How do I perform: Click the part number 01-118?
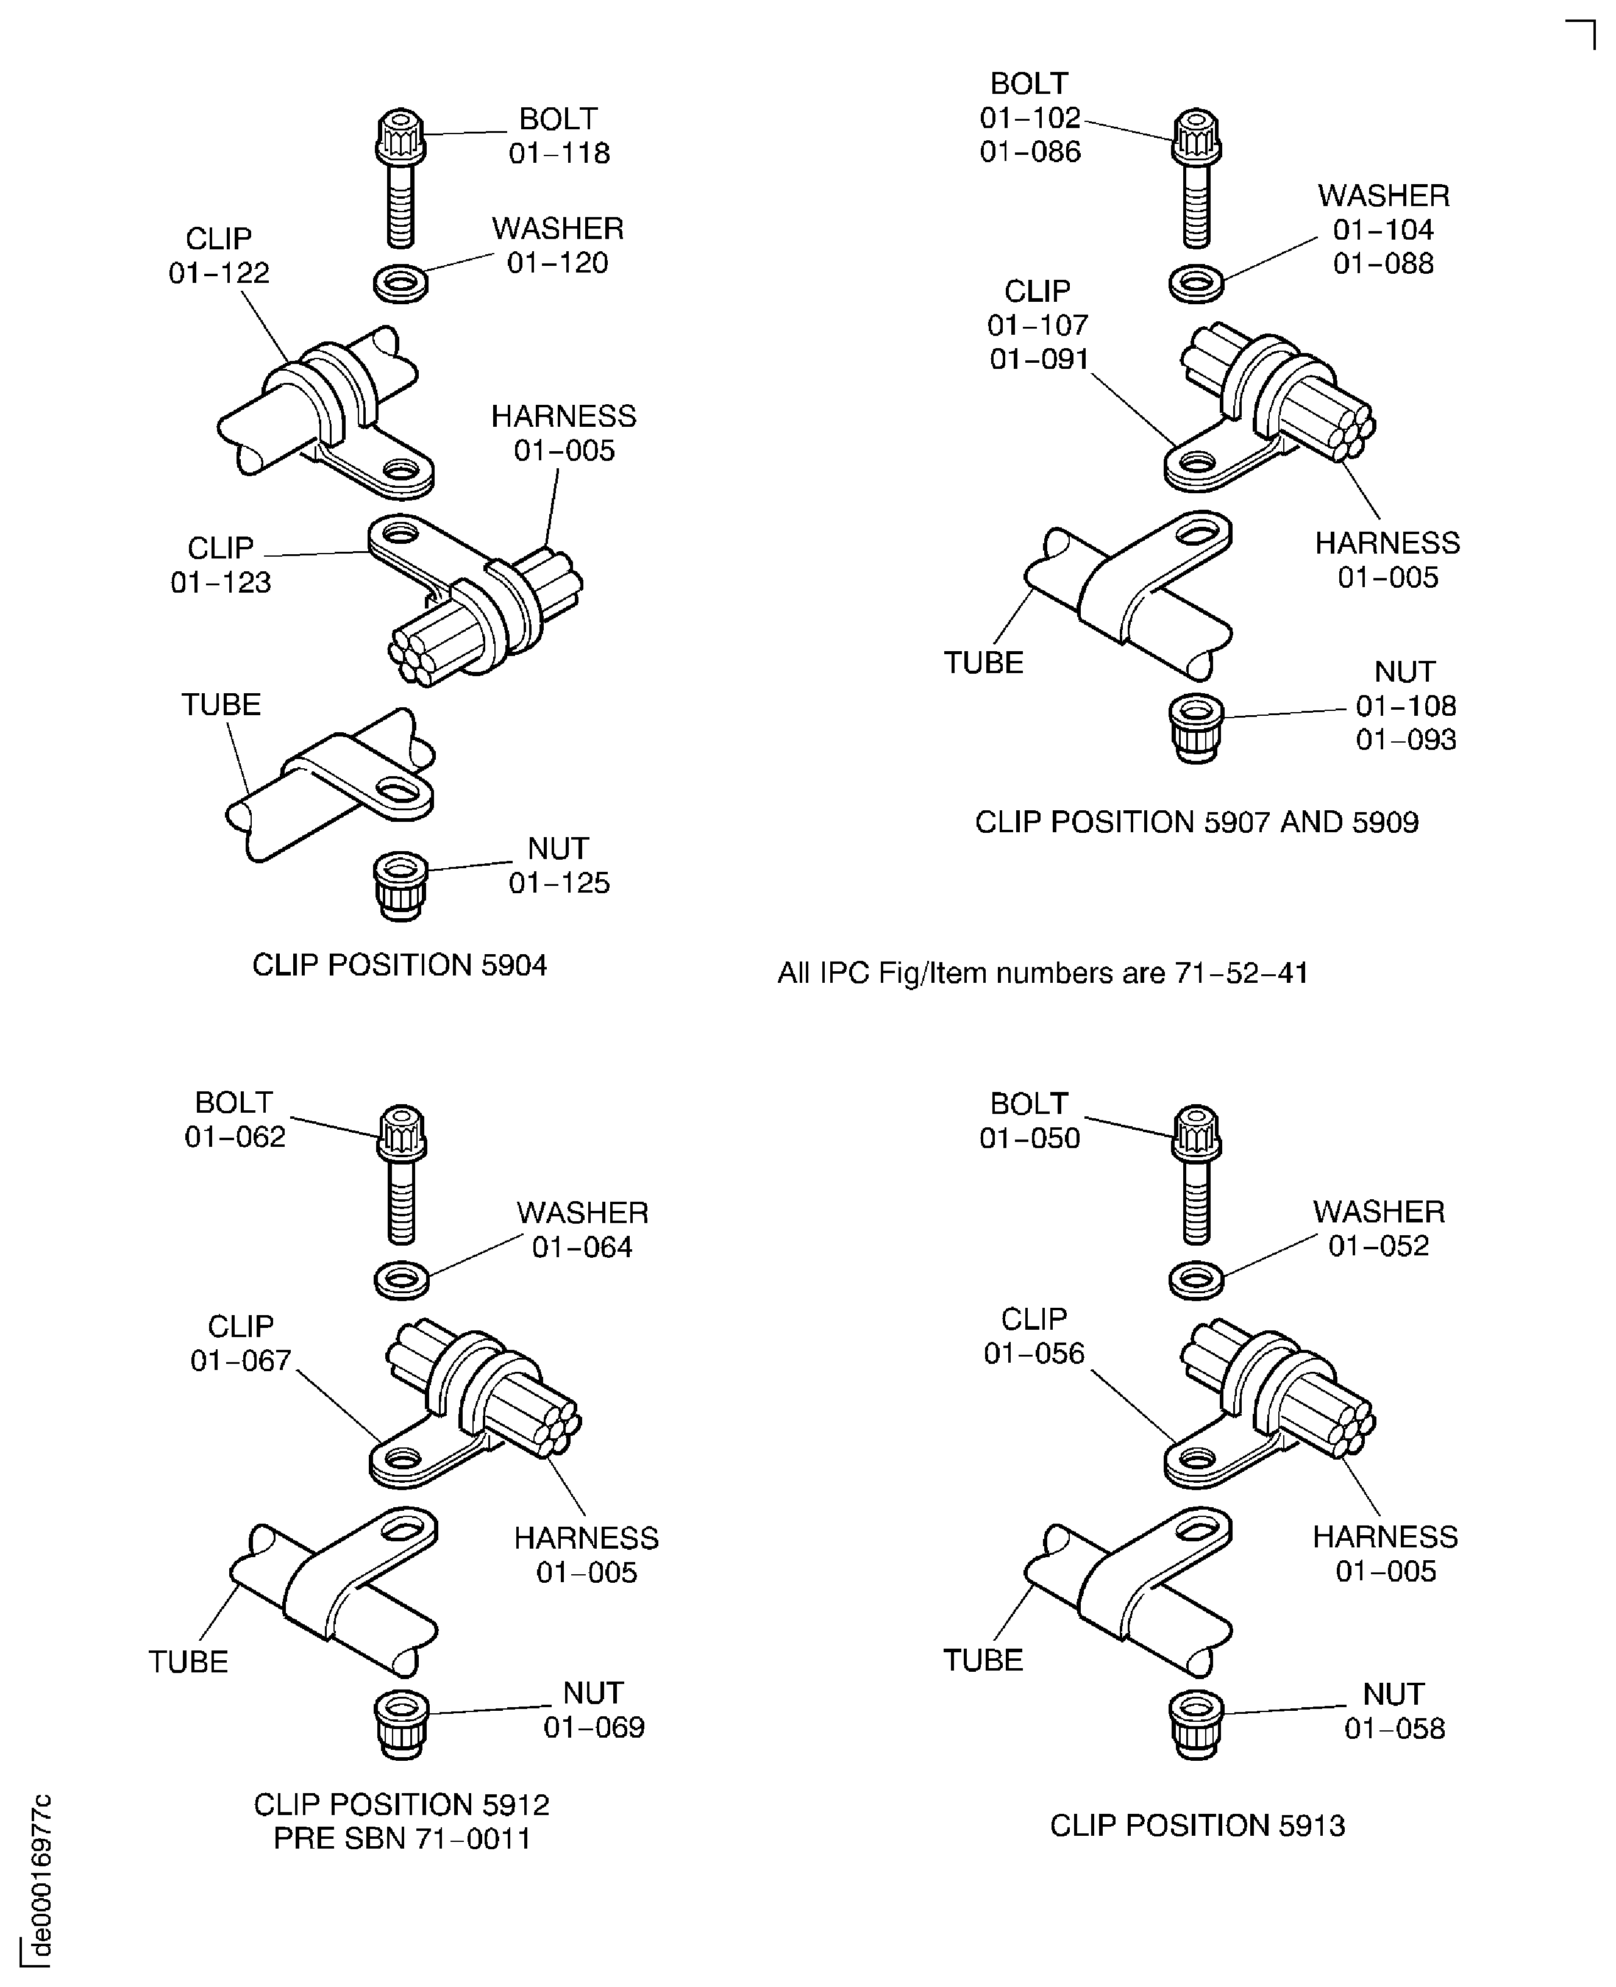558,152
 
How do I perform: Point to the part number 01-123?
221,582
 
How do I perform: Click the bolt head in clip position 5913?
1195,1132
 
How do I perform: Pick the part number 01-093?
1406,740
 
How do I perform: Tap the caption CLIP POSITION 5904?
399,965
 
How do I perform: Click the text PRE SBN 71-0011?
402,1839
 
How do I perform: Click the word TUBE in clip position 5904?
221,704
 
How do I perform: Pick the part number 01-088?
1383,263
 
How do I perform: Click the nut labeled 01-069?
400,1724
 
